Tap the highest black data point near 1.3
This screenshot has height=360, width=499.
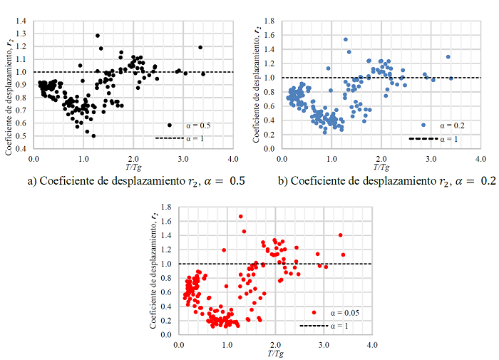point(97,35)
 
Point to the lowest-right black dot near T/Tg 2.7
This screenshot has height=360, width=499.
point(170,125)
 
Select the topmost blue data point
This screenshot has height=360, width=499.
point(346,39)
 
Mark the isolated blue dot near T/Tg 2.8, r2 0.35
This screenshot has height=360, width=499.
point(423,125)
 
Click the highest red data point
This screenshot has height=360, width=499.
point(240,216)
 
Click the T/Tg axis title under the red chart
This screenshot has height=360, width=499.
point(275,351)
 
